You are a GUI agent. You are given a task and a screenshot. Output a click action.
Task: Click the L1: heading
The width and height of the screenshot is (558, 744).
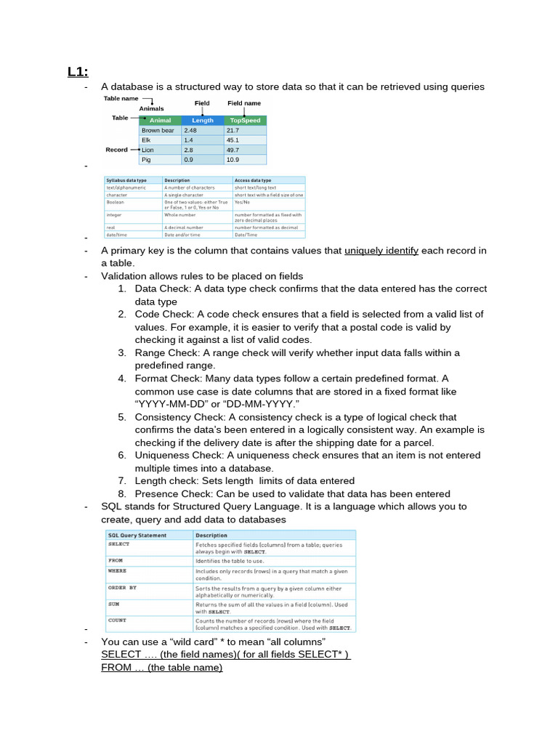tap(78, 71)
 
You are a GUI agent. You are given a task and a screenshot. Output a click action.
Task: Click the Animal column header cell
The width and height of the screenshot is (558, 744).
tap(160, 121)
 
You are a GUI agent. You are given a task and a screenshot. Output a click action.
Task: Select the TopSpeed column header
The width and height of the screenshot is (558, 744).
tap(245, 121)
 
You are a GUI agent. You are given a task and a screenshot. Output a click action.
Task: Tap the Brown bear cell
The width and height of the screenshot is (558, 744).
tap(158, 130)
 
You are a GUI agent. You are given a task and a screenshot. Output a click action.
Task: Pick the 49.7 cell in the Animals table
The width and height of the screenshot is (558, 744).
tap(233, 150)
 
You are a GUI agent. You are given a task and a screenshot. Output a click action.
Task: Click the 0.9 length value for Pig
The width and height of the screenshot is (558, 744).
tap(189, 159)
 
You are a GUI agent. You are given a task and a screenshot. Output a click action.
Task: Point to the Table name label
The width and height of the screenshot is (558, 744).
tap(121, 98)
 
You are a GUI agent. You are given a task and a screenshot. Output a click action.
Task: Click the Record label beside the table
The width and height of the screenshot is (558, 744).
tap(116, 150)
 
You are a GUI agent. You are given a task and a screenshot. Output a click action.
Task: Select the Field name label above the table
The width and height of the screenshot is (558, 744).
tap(243, 103)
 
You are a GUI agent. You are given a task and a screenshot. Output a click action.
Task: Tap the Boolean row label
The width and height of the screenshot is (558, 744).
tap(118, 202)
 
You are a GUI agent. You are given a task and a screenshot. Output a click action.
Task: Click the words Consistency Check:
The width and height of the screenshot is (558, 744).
tap(182, 417)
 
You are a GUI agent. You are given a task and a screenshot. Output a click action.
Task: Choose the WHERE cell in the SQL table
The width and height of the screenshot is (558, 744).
tap(118, 572)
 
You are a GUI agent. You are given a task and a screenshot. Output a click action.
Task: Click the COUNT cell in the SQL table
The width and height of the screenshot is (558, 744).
tap(118, 620)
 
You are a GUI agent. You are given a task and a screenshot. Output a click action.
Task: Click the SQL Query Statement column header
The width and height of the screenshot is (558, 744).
tap(137, 535)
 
